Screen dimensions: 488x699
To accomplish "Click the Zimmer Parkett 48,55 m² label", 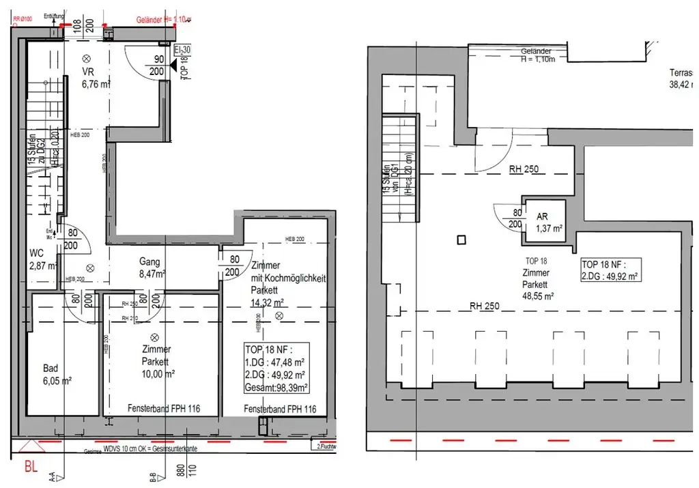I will tap(538, 285).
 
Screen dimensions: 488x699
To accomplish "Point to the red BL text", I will tap(31, 467).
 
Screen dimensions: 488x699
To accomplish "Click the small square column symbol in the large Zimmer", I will tap(462, 240).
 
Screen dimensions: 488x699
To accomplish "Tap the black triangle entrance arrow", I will tap(173, 66).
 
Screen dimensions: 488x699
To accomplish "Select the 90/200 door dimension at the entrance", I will tap(157, 66).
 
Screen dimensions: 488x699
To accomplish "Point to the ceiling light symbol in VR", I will tap(86, 59).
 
